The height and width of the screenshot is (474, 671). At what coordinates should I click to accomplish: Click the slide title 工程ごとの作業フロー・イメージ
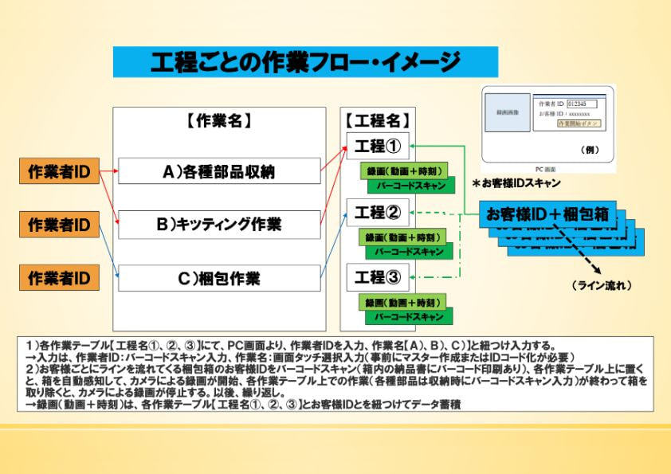(305, 62)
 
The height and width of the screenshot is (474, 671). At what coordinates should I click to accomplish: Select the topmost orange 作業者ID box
(59, 171)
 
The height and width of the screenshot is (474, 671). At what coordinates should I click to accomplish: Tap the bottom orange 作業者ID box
(59, 279)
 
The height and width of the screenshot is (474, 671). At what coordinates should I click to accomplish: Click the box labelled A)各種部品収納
(219, 171)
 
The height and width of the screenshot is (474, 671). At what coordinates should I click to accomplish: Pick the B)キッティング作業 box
(219, 225)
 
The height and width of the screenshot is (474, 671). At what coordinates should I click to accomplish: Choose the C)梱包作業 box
(219, 279)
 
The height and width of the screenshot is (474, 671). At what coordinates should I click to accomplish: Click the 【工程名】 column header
(378, 121)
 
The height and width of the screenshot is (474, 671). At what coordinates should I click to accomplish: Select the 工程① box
(378, 147)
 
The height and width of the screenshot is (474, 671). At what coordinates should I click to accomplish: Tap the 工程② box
(378, 213)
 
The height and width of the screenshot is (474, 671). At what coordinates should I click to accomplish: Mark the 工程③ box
(378, 277)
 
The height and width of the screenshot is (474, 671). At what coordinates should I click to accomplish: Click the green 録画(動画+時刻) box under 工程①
(404, 171)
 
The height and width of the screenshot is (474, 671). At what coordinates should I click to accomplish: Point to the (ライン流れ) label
(602, 284)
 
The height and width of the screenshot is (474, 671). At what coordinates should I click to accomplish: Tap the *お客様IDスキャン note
(516, 182)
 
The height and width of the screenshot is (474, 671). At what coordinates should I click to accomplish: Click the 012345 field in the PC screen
(581, 104)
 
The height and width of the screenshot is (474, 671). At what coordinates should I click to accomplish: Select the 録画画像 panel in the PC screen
(508, 113)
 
